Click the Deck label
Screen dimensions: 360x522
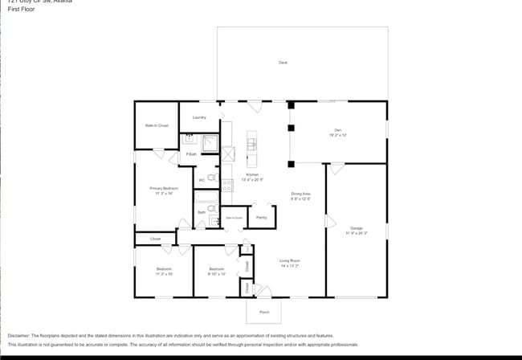[283, 62]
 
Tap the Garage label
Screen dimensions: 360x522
[357, 228]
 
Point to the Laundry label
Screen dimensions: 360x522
[199, 117]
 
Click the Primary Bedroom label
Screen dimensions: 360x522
[164, 189]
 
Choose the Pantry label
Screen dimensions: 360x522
[262, 217]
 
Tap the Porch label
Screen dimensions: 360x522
[264, 312]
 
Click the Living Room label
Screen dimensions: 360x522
[290, 261]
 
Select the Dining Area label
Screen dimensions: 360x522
[301, 194]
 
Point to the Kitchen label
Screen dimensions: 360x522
[252, 174]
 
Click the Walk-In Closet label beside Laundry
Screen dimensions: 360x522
[157, 125]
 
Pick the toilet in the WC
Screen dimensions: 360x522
[212, 178]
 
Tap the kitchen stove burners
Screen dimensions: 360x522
[227, 185]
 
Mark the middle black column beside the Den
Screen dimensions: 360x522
[292, 127]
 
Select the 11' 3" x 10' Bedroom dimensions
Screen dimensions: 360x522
[164, 274]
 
